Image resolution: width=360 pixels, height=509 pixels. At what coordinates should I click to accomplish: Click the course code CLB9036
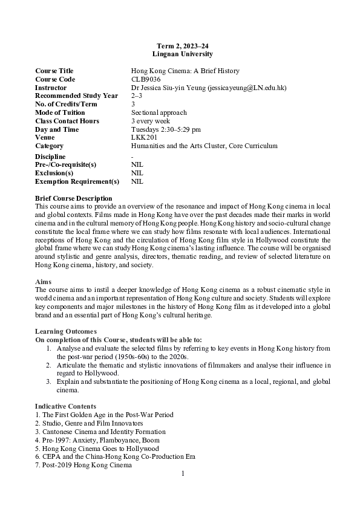pyautogui.click(x=146, y=79)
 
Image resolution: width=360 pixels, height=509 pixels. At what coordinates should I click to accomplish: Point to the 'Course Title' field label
pyautogui.click(x=54, y=71)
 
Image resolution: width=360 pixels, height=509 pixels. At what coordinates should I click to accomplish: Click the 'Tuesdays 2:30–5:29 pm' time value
pyautogui.click(x=166, y=129)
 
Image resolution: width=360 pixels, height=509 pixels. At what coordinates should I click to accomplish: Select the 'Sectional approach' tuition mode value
pyautogui.click(x=159, y=112)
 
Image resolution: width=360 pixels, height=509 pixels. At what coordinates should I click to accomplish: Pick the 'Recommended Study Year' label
pyautogui.click(x=77, y=96)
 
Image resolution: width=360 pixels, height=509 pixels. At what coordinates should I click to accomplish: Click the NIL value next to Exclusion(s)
pyautogui.click(x=137, y=173)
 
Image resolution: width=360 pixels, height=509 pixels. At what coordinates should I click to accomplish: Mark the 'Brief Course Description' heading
pyautogui.click(x=74, y=198)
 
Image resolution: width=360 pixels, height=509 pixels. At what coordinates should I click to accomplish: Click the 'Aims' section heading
pyautogui.click(x=43, y=282)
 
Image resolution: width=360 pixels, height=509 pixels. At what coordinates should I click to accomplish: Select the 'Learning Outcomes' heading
pyautogui.click(x=65, y=331)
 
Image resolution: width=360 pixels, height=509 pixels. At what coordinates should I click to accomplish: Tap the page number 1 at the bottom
pyautogui.click(x=182, y=473)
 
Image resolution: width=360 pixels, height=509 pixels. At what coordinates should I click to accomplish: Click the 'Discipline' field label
pyautogui.click(x=51, y=156)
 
